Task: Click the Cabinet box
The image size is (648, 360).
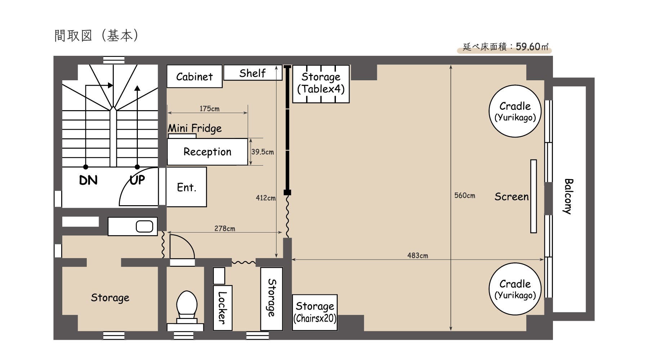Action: tap(194, 76)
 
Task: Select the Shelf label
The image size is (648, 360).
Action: tap(252, 73)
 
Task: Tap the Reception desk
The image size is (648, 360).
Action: tap(208, 152)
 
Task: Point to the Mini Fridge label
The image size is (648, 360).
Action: tap(195, 128)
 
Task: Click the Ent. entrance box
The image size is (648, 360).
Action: tap(186, 187)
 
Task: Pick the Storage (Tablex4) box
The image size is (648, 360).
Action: tap(321, 84)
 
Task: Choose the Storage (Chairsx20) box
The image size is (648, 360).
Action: tap(315, 312)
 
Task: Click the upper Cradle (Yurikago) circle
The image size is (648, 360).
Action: tap(515, 111)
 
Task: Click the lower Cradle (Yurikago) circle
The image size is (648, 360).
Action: tap(515, 289)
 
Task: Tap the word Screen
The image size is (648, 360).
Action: tap(512, 197)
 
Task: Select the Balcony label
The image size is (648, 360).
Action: tap(568, 196)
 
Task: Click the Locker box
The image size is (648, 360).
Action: tap(222, 308)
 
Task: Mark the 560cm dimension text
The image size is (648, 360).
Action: tap(464, 195)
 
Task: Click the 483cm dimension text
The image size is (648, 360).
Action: tap(418, 255)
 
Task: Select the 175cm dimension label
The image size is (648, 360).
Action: tap(210, 108)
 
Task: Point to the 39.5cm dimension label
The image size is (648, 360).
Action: tap(262, 152)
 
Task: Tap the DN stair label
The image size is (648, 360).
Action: tap(88, 180)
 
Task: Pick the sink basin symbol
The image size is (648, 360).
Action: tap(144, 226)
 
